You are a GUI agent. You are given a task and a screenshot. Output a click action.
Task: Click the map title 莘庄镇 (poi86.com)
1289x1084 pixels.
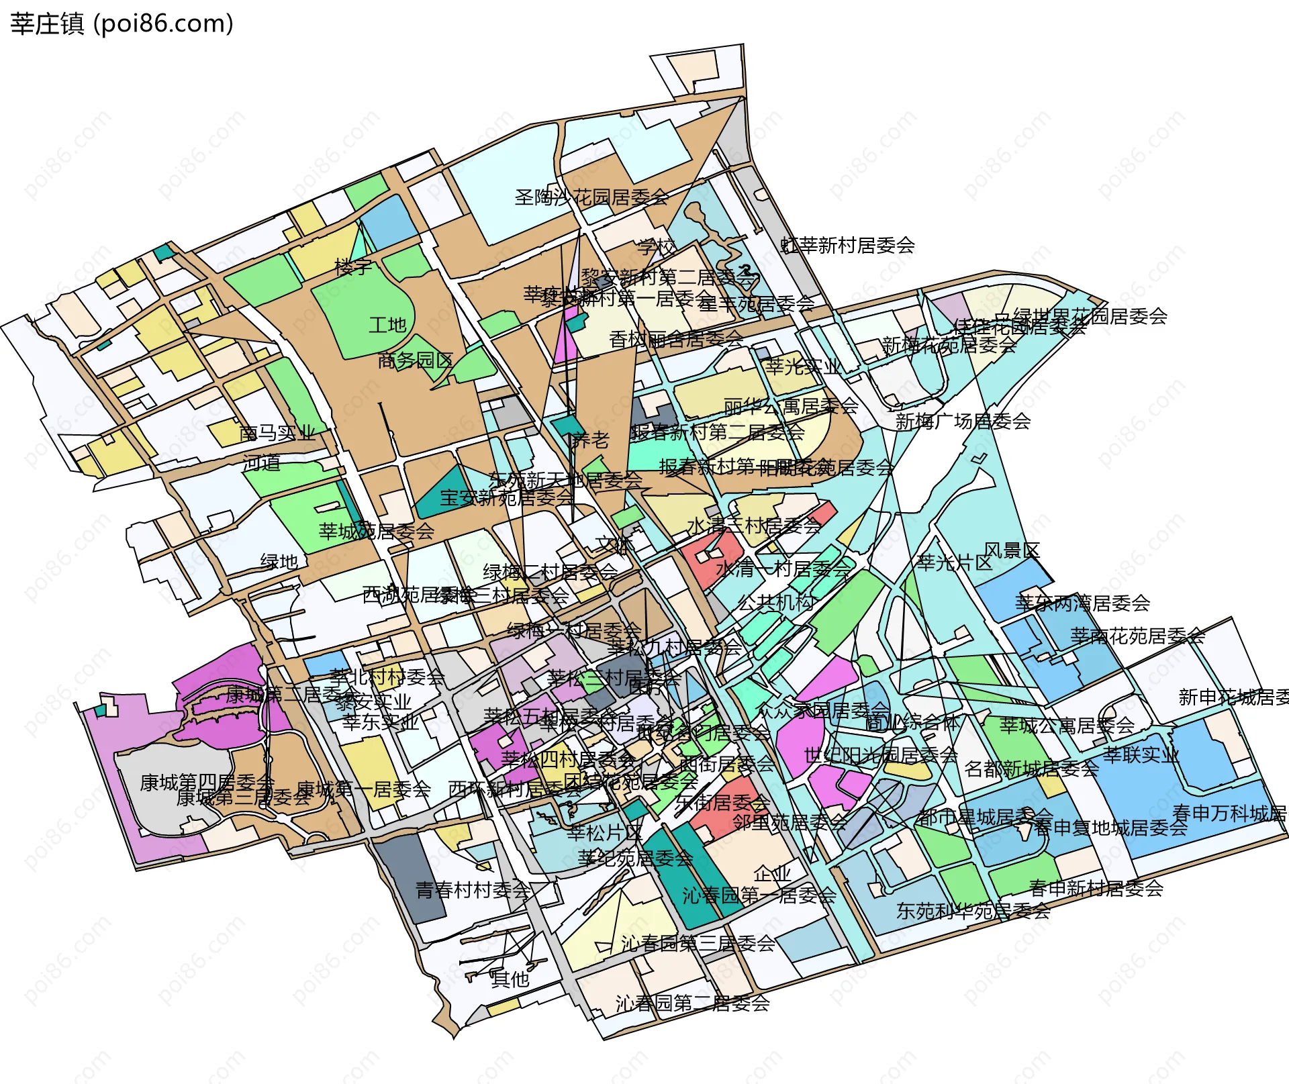point(122,24)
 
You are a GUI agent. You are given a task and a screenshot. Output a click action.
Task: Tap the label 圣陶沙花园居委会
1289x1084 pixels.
point(591,197)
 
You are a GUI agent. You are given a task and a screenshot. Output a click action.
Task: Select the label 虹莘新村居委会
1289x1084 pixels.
point(848,246)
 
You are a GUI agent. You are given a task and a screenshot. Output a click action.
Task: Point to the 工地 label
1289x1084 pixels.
point(387,326)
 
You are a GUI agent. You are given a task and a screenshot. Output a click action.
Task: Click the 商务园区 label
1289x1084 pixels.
point(415,361)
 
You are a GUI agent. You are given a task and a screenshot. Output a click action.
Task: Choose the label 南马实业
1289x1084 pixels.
point(277,433)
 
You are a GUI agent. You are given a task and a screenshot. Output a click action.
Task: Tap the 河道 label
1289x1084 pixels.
point(262,462)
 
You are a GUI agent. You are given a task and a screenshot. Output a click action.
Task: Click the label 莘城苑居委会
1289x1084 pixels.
point(377,532)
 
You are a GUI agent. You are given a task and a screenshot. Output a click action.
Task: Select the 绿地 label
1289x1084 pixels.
point(279,562)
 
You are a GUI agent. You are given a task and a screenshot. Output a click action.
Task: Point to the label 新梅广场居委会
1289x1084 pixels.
point(963,422)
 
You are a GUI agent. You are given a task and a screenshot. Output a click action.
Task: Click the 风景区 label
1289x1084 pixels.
point(1012,551)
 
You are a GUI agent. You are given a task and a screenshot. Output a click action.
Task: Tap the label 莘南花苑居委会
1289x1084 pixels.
point(1137,636)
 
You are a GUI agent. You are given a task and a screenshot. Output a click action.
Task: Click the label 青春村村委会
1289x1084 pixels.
point(473,891)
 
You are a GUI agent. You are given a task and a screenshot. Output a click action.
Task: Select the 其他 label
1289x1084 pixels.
point(510,979)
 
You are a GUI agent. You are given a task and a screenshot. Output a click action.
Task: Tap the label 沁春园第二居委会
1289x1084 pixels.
point(692,1003)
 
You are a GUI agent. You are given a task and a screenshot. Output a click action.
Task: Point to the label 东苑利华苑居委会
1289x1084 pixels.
point(973,911)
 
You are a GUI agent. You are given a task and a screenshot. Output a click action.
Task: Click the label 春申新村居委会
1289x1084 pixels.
point(1096,889)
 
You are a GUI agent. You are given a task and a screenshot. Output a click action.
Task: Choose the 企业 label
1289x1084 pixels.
point(772,874)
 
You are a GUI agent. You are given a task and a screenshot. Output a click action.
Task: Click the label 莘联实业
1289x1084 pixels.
point(1141,755)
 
